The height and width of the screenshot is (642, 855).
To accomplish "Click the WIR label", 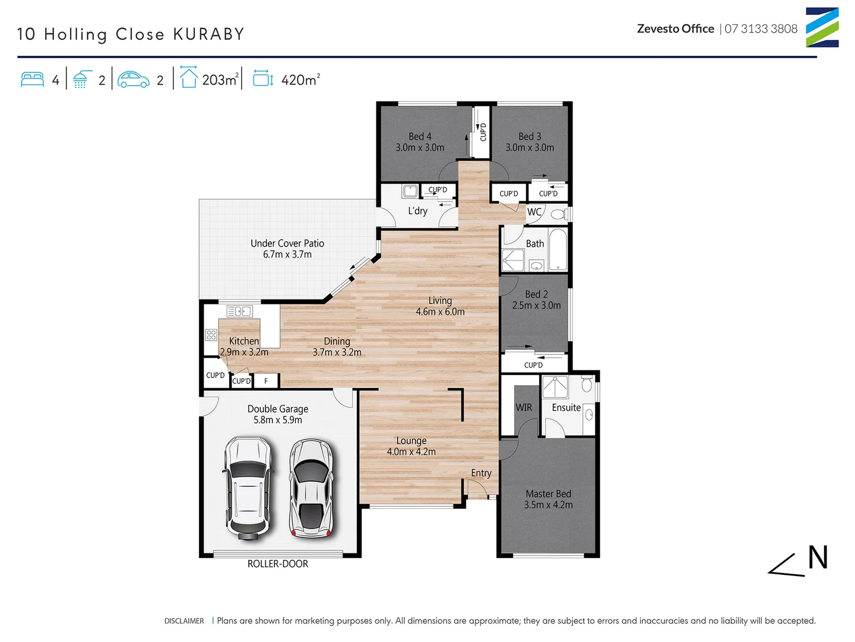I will click(524, 408).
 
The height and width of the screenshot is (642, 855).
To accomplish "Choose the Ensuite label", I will click(566, 408).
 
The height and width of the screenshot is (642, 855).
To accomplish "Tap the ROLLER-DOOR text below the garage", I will click(278, 564).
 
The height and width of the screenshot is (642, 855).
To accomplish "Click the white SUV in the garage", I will click(248, 487).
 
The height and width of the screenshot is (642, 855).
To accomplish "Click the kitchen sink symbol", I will click(239, 311).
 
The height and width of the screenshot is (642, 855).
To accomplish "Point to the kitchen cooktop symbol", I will click(211, 335).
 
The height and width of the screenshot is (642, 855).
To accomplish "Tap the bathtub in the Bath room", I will click(558, 250).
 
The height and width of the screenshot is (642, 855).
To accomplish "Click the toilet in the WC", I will click(558, 213).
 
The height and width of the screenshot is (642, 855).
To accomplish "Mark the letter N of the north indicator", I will click(818, 558).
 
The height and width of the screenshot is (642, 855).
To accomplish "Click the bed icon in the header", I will click(32, 80).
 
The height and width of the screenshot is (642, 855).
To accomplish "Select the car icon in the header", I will click(134, 80).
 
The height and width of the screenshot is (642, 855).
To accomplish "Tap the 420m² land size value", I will click(300, 80).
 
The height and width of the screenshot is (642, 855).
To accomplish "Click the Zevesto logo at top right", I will click(822, 27).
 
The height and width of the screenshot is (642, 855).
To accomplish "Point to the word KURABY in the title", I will click(208, 34).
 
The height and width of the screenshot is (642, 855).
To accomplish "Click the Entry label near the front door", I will click(481, 473).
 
